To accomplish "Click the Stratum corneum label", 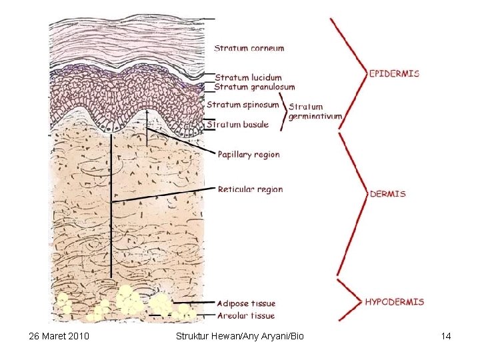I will [x=249, y=48].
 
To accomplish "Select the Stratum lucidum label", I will [x=248, y=78].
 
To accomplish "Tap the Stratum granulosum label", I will [x=254, y=87].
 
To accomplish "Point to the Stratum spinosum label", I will [x=243, y=105].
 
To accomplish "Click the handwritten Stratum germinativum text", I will [x=315, y=111].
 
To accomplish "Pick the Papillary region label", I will [x=248, y=155].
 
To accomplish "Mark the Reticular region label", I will [x=250, y=189].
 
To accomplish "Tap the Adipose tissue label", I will [x=246, y=304].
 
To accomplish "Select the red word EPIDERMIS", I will [x=394, y=73].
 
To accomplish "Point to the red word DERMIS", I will [x=387, y=194].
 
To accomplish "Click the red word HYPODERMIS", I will [x=394, y=302].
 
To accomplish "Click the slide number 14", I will [x=446, y=336].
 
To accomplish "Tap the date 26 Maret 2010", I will [x=59, y=336].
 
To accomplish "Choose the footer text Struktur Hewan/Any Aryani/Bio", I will [x=239, y=336].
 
